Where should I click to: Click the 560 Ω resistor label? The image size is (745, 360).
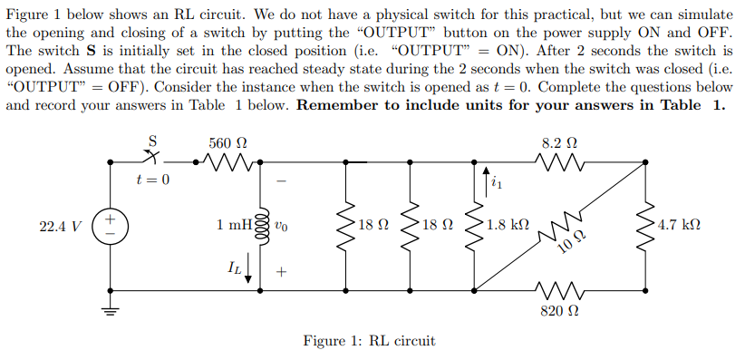pyautogui.click(x=227, y=143)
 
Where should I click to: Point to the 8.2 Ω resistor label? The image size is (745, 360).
pyautogui.click(x=559, y=143)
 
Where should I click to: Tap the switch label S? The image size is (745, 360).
pyautogui.click(x=153, y=141)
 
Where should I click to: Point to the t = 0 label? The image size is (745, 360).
pyautogui.click(x=153, y=180)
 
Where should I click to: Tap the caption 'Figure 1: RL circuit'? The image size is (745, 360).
pyautogui.click(x=370, y=341)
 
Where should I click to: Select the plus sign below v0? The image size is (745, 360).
pyautogui.click(x=282, y=270)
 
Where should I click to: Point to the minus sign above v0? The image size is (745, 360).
pyautogui.click(x=282, y=182)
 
